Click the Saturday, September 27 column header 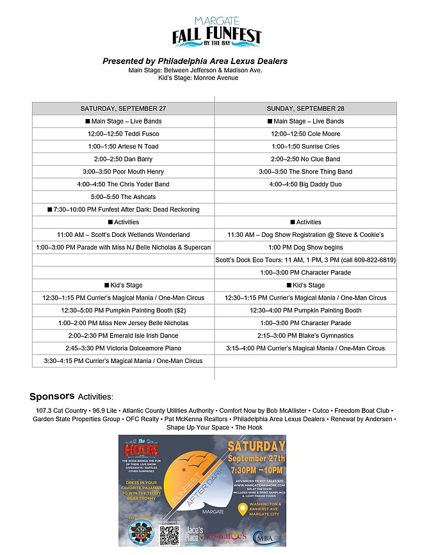coord(123,108)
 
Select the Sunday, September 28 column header coord(305,108)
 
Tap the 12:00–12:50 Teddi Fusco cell coord(123,134)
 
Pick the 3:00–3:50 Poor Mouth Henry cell coord(123,172)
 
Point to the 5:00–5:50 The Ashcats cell coord(123,197)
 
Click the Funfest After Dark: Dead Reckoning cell coord(123,209)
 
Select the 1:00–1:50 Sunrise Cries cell coord(305,147)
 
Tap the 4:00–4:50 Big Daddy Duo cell coord(305,184)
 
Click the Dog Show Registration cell coord(305,234)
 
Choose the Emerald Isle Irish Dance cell coord(123,335)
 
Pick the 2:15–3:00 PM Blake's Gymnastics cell coord(305,335)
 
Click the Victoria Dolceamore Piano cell coord(123,348)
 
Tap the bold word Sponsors coord(52,396)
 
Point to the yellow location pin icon coord(241,510)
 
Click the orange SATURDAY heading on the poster coord(255,446)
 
